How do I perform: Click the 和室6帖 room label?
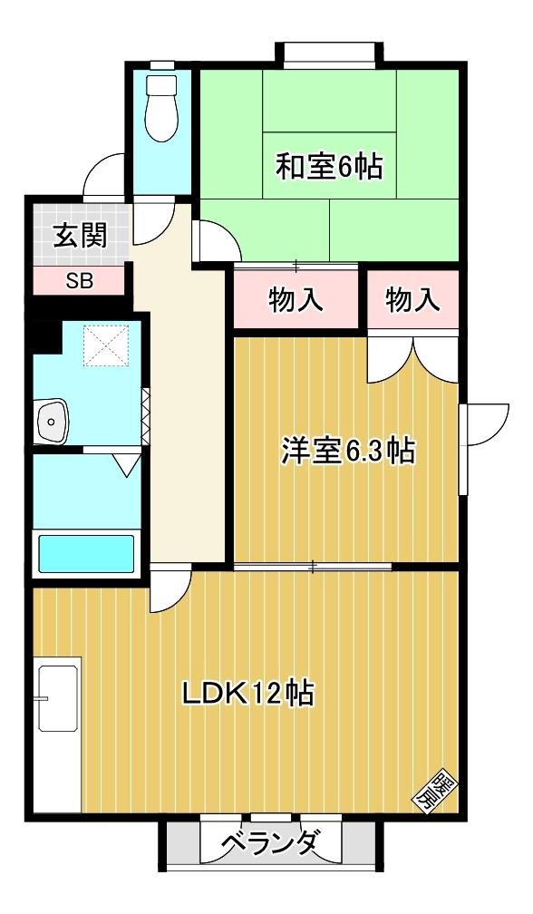[328, 168]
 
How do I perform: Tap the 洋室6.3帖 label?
[349, 450]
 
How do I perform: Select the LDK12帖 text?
[247, 694]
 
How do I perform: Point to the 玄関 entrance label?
[80, 236]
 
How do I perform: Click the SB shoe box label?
[79, 280]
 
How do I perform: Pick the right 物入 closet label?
[412, 300]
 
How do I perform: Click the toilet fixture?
[163, 104]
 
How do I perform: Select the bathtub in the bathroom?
[84, 552]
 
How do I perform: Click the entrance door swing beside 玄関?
[105, 176]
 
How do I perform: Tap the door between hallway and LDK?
[170, 588]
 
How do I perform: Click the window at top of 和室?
[328, 53]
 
